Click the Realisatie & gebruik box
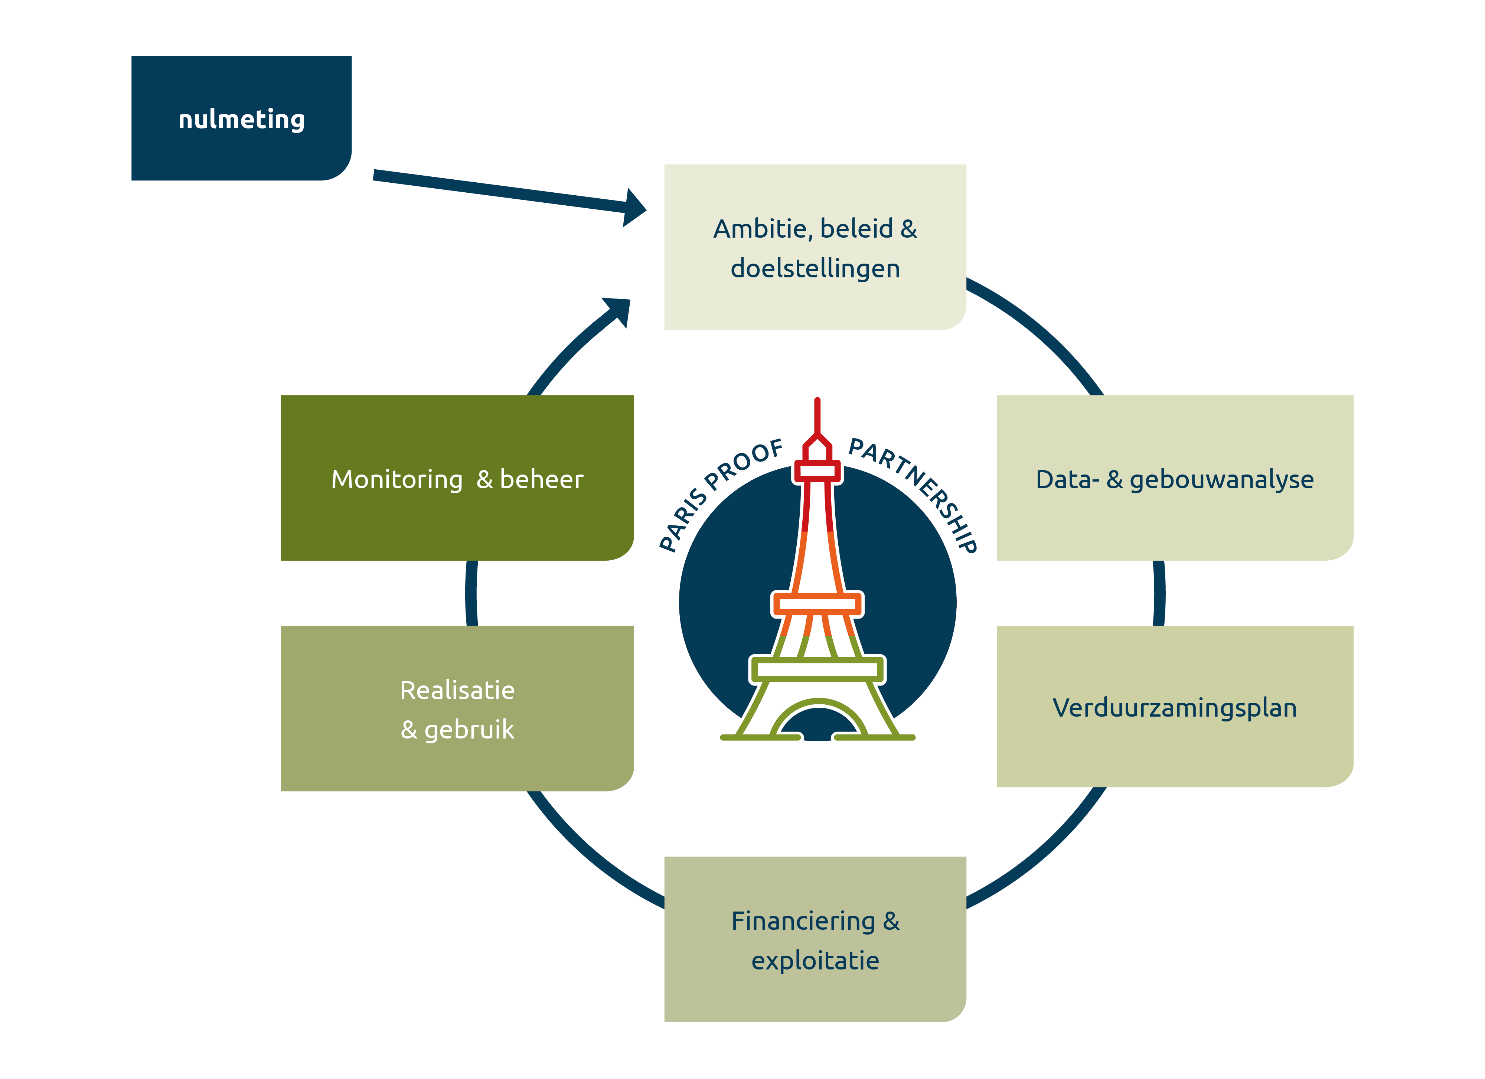tap(457, 709)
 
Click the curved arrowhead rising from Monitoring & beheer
tap(619, 311)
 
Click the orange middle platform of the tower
tap(817, 604)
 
